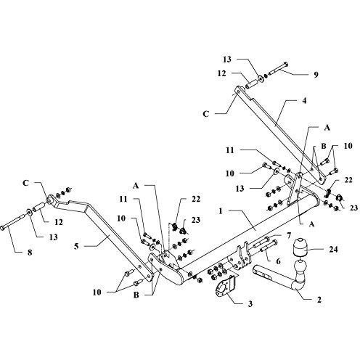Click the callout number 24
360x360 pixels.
[332, 250]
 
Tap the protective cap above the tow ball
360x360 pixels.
[300, 247]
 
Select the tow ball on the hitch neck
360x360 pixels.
[300, 267]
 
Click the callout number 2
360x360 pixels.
[319, 300]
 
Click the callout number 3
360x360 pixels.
[250, 304]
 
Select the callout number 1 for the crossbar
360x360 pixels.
[220, 211]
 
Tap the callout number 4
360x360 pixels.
[304, 100]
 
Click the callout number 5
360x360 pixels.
[76, 247]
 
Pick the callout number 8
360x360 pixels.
[30, 253]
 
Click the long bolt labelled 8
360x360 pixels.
[14, 222]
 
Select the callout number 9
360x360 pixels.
[316, 75]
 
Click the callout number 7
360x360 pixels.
[288, 235]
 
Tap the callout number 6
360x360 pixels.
[278, 261]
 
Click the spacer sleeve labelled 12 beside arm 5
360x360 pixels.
[38, 207]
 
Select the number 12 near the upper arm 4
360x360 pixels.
[221, 73]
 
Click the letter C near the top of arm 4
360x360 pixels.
[205, 114]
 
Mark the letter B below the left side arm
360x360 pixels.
[136, 295]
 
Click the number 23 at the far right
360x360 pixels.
[353, 208]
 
